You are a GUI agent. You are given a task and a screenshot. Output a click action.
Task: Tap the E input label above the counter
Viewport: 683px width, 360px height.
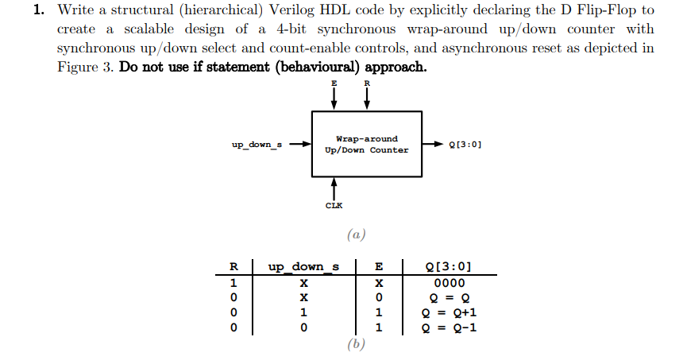[x=334, y=83]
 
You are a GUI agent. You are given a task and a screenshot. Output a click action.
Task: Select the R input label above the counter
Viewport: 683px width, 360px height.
[x=366, y=83]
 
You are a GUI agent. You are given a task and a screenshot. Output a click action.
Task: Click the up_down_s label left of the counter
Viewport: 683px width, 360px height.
[x=257, y=145]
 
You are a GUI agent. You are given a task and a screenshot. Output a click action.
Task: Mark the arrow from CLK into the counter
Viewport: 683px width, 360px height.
[x=334, y=188]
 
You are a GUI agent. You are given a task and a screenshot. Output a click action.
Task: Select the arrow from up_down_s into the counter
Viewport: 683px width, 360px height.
[x=300, y=145]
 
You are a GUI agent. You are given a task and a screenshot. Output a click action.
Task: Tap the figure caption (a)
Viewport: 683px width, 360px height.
[x=355, y=234]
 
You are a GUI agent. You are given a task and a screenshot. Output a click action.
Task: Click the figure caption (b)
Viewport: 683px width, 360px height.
[x=355, y=344]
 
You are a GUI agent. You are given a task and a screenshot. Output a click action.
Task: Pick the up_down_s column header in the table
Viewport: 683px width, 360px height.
[x=303, y=266]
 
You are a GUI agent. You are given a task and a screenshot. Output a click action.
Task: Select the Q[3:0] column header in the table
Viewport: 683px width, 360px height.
[x=450, y=266]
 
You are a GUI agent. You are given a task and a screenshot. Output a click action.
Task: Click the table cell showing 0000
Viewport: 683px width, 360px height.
[x=450, y=282]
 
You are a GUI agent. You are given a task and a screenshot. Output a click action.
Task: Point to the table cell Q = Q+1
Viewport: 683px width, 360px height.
[x=450, y=312]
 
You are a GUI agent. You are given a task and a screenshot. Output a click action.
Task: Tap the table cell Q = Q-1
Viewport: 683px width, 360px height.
[x=450, y=327]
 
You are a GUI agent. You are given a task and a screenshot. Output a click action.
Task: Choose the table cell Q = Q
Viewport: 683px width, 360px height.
[x=450, y=297]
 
